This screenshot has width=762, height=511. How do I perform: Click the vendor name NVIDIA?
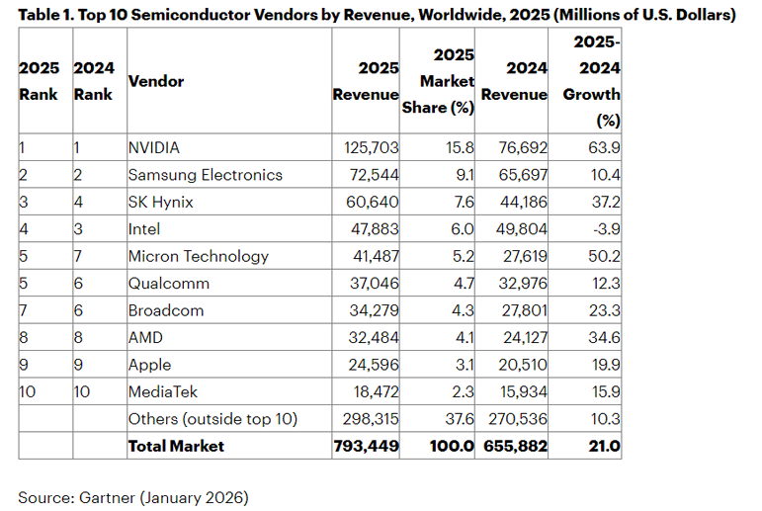pyautogui.click(x=154, y=147)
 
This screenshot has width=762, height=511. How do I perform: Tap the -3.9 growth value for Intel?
pyautogui.click(x=602, y=229)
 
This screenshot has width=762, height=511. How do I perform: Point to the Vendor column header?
pyautogui.click(x=156, y=81)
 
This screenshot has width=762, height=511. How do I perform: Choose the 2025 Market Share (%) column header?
pyautogui.click(x=439, y=82)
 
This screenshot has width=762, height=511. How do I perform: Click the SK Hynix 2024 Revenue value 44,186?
pyautogui.click(x=516, y=202)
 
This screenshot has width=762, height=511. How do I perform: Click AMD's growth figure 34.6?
pyautogui.click(x=602, y=337)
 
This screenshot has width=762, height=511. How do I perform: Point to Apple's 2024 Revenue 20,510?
pyautogui.click(x=516, y=365)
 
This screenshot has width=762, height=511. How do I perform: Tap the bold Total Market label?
pyautogui.click(x=176, y=446)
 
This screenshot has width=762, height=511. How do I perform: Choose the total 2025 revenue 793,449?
pyautogui.click(x=367, y=446)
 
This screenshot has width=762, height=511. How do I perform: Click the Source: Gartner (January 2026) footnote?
pyautogui.click(x=133, y=497)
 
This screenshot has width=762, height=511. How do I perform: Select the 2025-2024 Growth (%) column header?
pyautogui.click(x=592, y=82)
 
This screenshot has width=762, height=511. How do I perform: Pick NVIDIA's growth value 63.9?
pyautogui.click(x=602, y=147)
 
